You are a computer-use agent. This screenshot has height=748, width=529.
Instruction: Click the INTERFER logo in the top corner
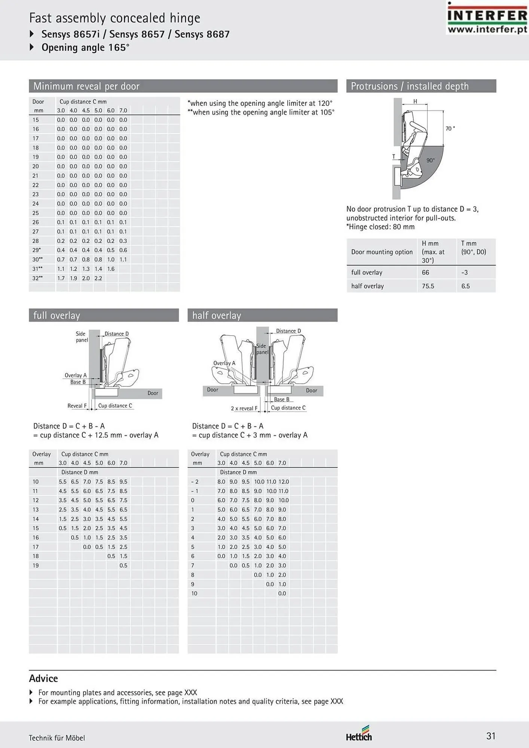point(487,18)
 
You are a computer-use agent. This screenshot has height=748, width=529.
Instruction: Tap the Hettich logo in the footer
point(359,733)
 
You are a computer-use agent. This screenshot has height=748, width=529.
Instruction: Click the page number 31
point(491,736)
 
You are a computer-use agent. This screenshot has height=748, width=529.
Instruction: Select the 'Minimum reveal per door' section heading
point(86,86)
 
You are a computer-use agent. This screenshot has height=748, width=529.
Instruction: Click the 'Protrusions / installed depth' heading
point(410,86)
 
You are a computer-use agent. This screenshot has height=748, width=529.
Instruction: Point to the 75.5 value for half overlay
point(428,286)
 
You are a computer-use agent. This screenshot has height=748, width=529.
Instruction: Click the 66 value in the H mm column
point(425,273)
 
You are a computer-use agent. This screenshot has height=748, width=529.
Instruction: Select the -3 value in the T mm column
point(464,273)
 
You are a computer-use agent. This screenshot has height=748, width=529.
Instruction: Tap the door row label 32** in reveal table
point(37,278)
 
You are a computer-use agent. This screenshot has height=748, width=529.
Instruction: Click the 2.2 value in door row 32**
point(98,278)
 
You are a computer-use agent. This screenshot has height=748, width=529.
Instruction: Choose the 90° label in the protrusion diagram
point(431,160)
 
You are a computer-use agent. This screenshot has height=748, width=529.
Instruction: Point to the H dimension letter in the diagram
point(415,101)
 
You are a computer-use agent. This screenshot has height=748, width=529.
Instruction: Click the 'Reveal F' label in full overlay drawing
point(77,406)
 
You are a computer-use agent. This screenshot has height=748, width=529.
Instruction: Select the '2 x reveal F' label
point(244,408)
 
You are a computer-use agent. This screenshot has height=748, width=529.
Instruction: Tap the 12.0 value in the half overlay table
point(284,482)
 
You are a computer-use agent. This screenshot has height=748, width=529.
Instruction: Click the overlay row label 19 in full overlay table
point(36,565)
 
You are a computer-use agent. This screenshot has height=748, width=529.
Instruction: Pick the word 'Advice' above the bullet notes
point(43,678)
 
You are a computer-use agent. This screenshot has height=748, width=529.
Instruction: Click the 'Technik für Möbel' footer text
point(57,738)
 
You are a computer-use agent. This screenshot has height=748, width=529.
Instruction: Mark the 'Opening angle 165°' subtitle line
point(85,47)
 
